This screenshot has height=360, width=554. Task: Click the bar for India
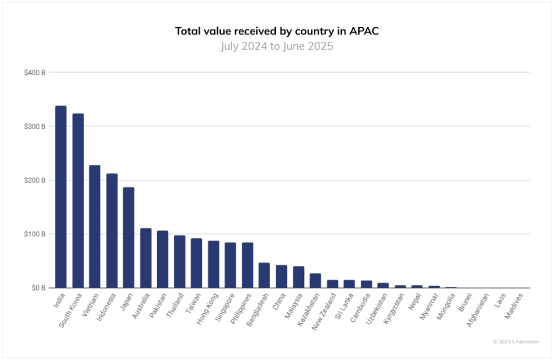(61, 197)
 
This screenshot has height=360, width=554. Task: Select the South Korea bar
(78, 201)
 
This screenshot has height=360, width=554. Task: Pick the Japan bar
(129, 238)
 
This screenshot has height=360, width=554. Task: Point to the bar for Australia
(146, 258)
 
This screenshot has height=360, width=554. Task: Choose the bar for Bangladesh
(264, 275)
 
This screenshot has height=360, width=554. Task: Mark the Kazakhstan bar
(315, 281)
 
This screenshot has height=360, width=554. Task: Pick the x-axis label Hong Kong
(206, 307)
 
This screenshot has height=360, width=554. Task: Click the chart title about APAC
(276, 31)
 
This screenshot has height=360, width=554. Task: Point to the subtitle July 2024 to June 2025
(276, 46)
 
